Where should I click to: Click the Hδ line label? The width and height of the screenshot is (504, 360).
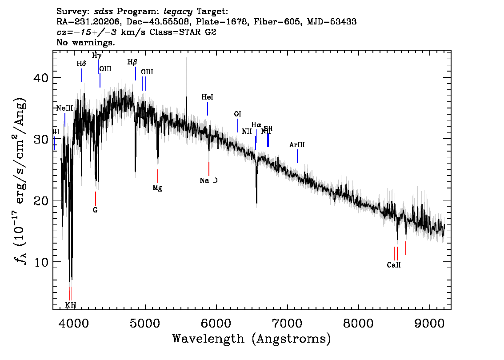pos(81,64)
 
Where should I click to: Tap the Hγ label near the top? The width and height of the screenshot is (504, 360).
pos(96,56)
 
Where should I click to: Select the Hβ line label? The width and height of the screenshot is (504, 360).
pos(132,62)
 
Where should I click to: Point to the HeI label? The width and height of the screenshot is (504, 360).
pos(207,97)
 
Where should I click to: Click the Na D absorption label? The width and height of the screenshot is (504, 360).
pos(208,180)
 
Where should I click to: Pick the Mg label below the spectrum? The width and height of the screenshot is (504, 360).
pos(157,188)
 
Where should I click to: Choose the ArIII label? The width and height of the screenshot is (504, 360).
pos(297,145)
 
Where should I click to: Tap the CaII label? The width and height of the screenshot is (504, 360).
pos(394,265)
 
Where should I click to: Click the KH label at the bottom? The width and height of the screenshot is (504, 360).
pos(71,305)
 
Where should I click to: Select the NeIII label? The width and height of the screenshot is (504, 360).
pos(64,108)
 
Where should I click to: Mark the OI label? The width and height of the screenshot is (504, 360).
pos(237,114)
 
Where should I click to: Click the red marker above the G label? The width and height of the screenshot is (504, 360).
pos(95,198)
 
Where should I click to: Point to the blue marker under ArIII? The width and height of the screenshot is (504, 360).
pos(297,156)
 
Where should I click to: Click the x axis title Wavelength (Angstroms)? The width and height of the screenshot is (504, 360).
pos(252,339)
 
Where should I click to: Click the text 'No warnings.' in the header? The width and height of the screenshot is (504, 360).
pos(86,43)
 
